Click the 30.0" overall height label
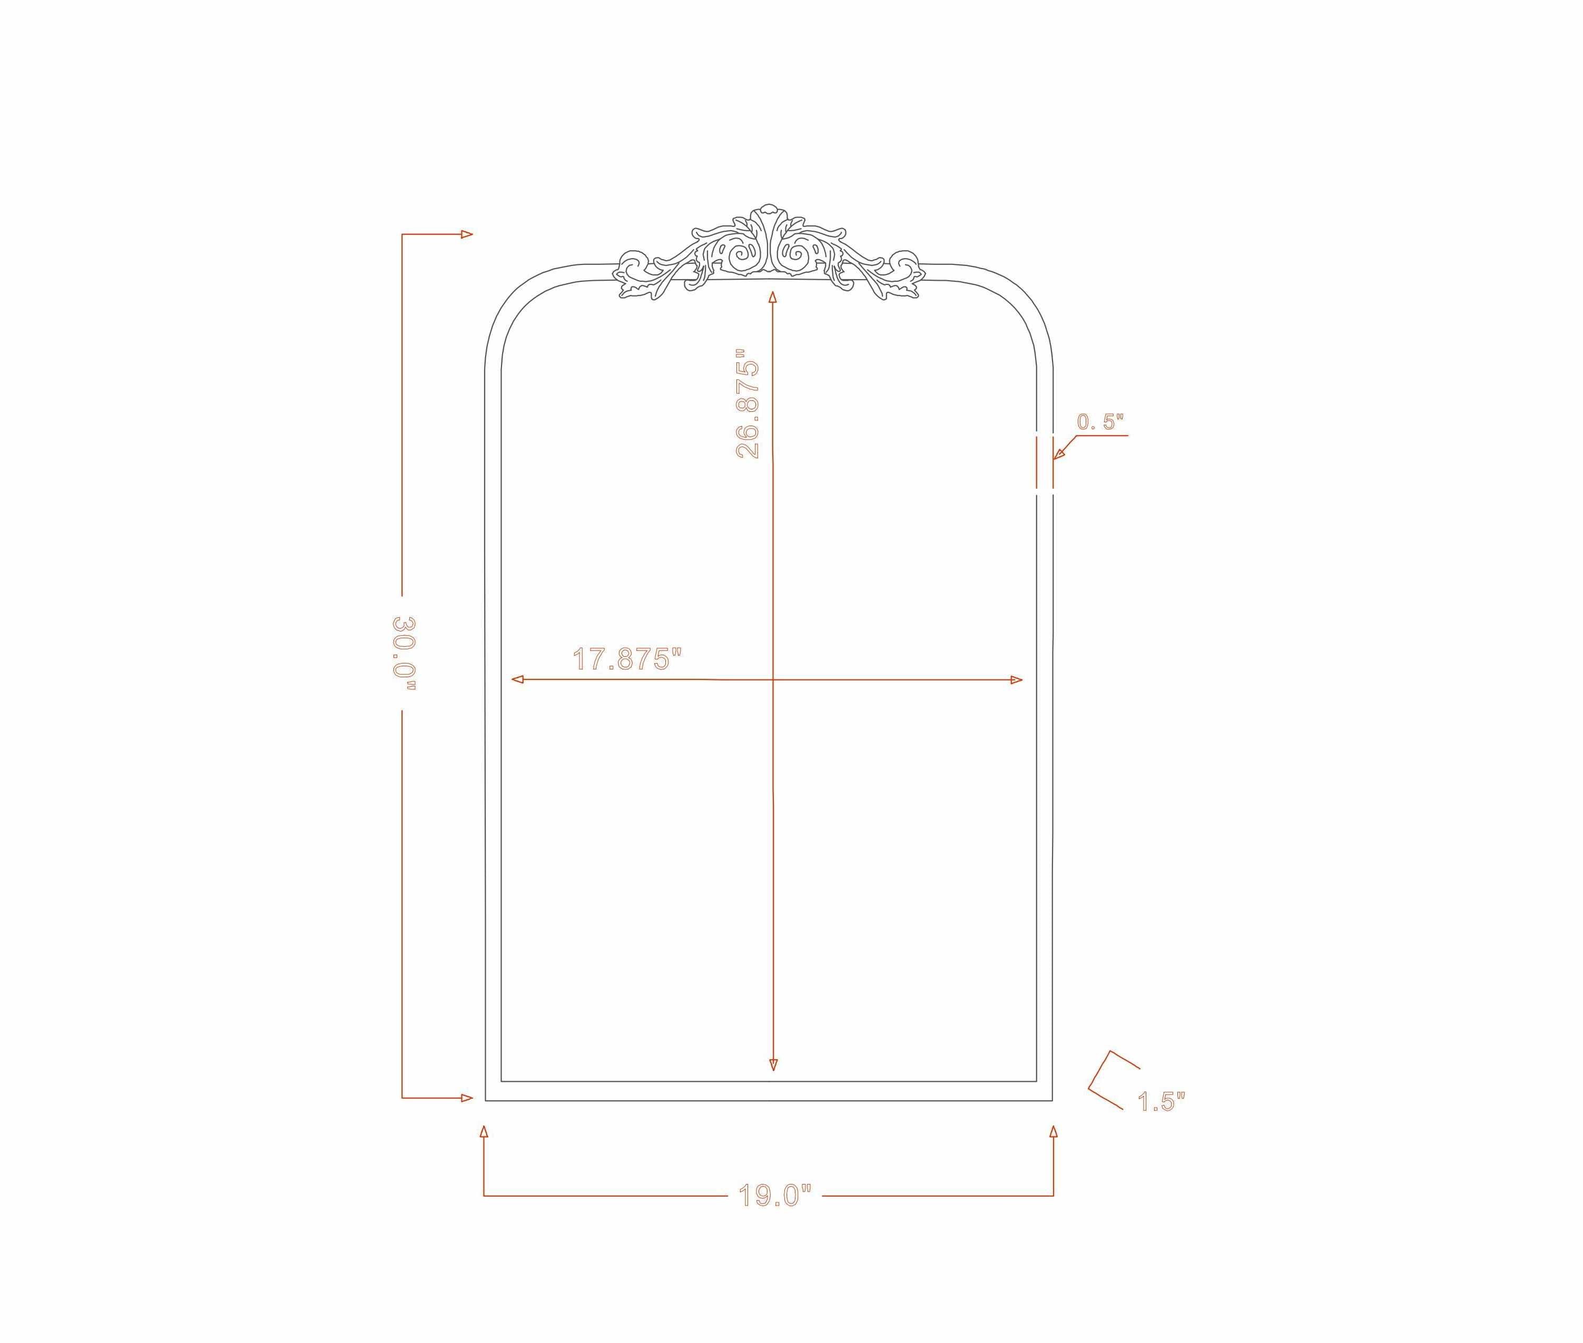pyautogui.click(x=405, y=653)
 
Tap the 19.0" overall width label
pyautogui.click(x=775, y=1196)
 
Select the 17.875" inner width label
pyautogui.click(x=627, y=659)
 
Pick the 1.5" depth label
pyautogui.click(x=1161, y=1102)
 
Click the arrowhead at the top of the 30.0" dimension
pyautogui.click(x=467, y=234)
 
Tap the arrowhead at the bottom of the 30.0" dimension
pyautogui.click(x=467, y=1098)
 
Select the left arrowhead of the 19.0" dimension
pyautogui.click(x=484, y=1132)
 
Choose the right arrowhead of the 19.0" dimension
pyautogui.click(x=1053, y=1132)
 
